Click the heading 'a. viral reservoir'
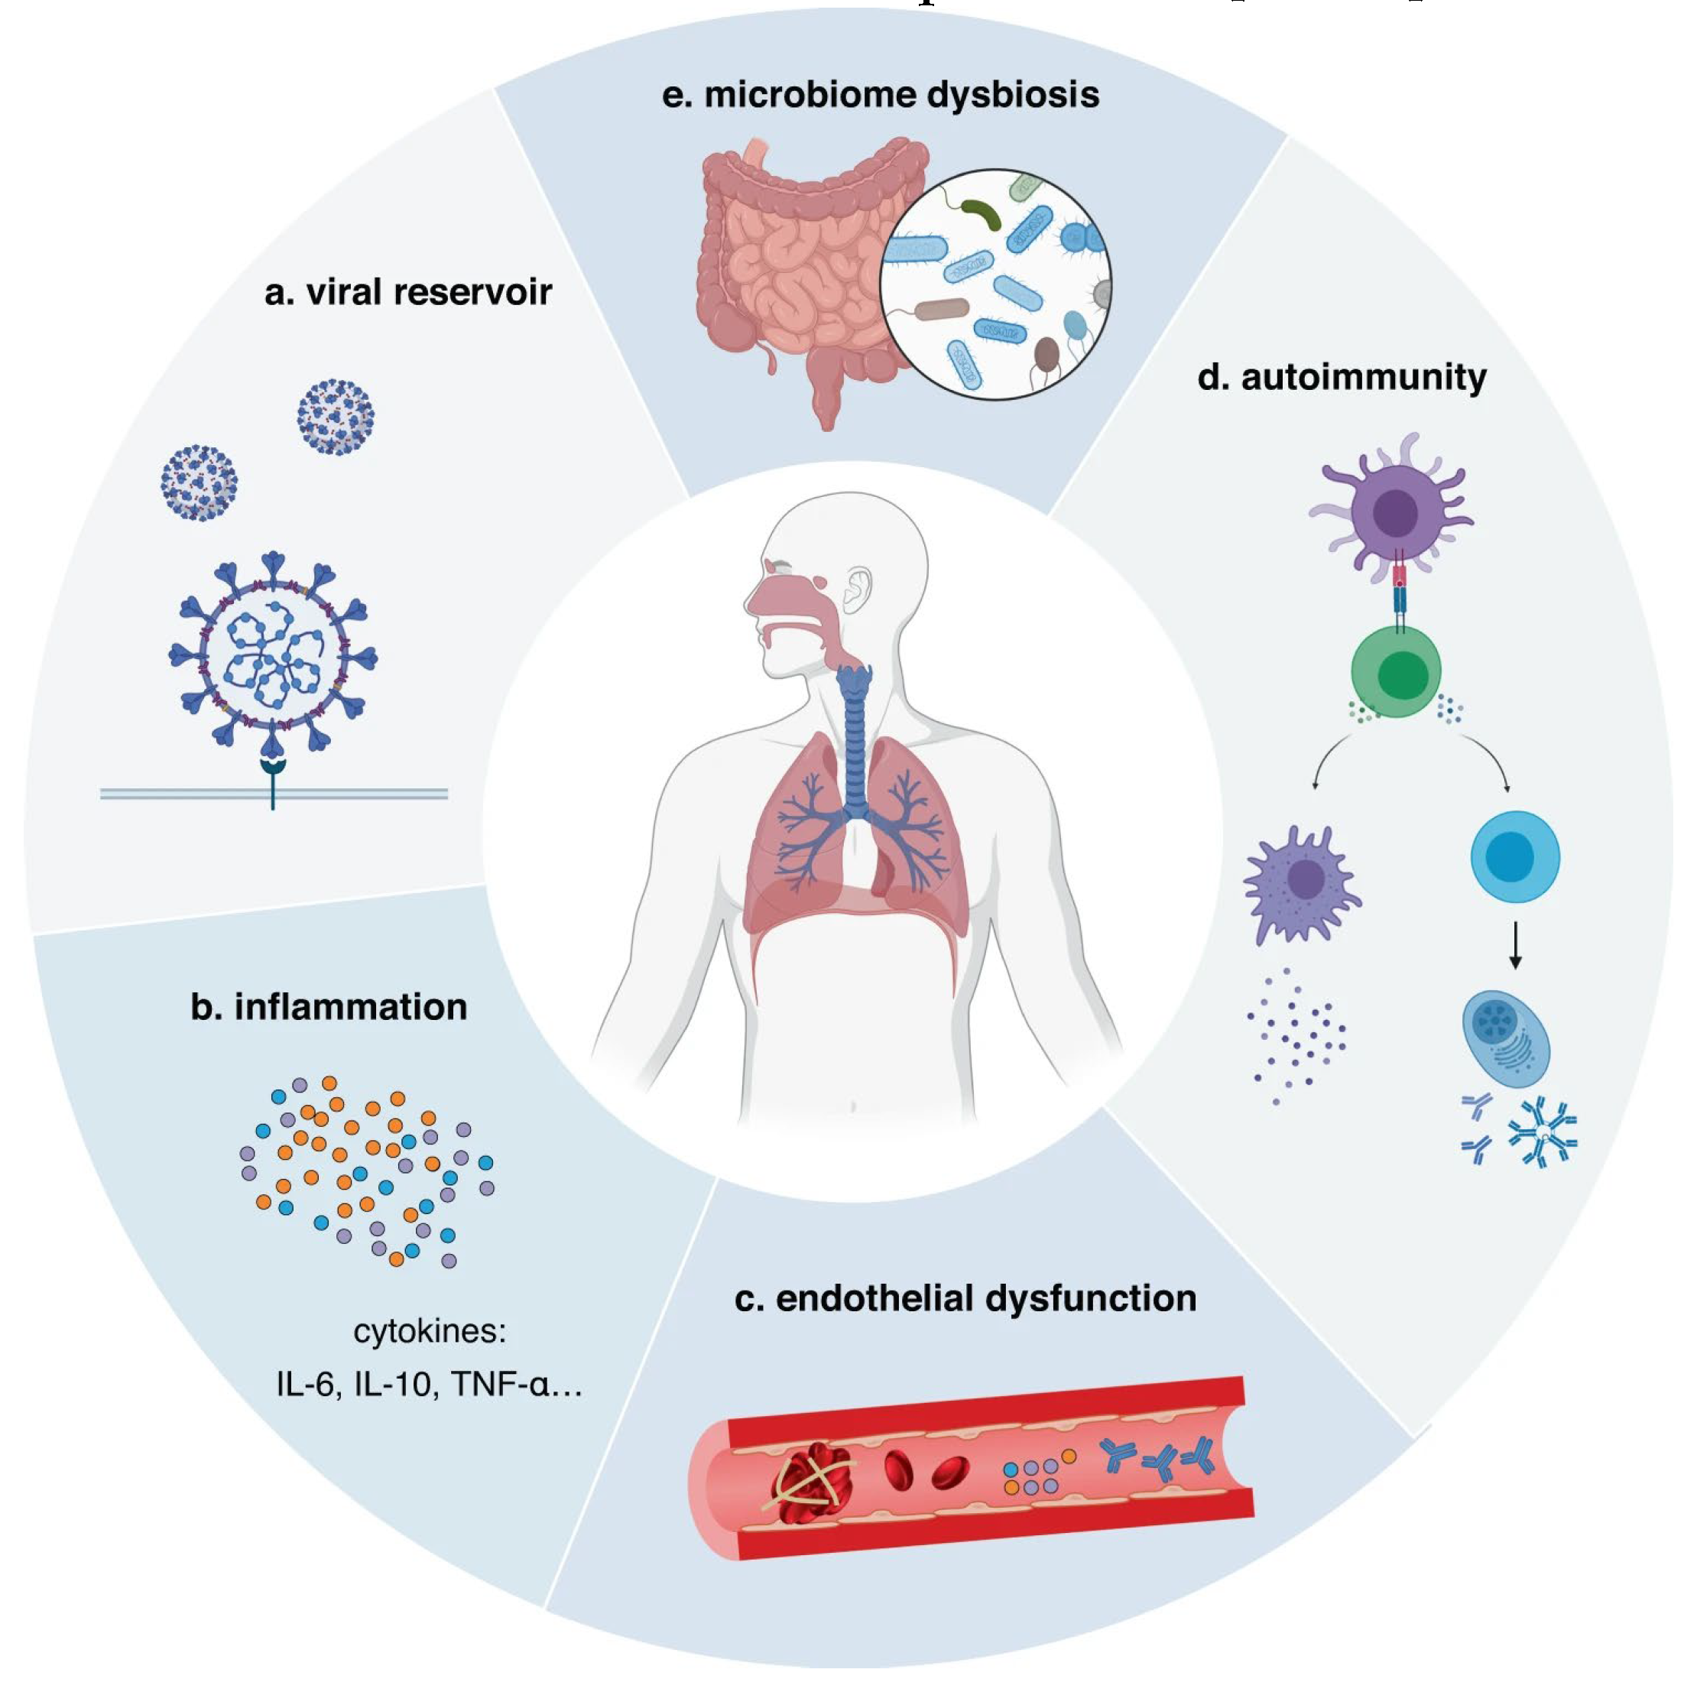407,293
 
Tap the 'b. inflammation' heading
329,1007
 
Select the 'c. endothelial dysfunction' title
965,1298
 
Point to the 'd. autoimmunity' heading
1342,377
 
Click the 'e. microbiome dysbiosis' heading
880,95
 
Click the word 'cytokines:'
430,1331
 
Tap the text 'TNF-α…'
517,1385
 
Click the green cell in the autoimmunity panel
1397,672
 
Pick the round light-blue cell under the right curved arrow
1515,856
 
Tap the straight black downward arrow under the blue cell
1515,945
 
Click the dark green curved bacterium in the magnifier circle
982,213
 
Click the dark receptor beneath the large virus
273,773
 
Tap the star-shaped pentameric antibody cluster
1543,1133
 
